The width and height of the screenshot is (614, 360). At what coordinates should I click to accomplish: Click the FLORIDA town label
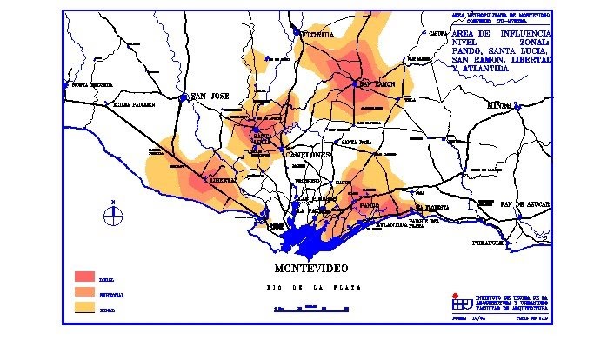317,35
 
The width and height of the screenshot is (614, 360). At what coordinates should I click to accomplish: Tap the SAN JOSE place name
209,96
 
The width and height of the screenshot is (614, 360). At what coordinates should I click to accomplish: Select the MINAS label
499,105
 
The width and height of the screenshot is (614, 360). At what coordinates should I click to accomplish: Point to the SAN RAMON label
379,84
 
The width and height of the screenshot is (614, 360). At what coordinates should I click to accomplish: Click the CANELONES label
305,154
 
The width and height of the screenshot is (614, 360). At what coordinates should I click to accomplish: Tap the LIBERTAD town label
224,180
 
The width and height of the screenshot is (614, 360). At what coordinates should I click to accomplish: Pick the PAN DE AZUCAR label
525,203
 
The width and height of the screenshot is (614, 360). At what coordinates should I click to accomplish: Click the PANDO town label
369,206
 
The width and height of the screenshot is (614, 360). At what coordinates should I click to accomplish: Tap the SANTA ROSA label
357,141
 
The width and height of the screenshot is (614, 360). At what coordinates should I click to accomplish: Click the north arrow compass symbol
112,215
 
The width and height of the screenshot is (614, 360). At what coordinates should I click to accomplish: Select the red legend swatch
84,277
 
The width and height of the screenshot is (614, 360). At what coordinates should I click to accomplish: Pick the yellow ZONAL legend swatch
84,307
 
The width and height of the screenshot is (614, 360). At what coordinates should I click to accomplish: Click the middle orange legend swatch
84,292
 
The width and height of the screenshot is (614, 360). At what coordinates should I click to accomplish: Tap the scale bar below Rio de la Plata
311,308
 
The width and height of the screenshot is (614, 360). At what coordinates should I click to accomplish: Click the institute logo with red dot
457,301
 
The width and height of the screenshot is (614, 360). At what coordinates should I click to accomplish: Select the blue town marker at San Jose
184,98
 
